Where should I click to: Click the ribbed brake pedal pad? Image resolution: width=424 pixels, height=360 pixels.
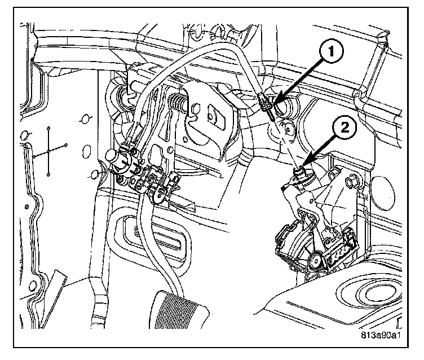[179, 310]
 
